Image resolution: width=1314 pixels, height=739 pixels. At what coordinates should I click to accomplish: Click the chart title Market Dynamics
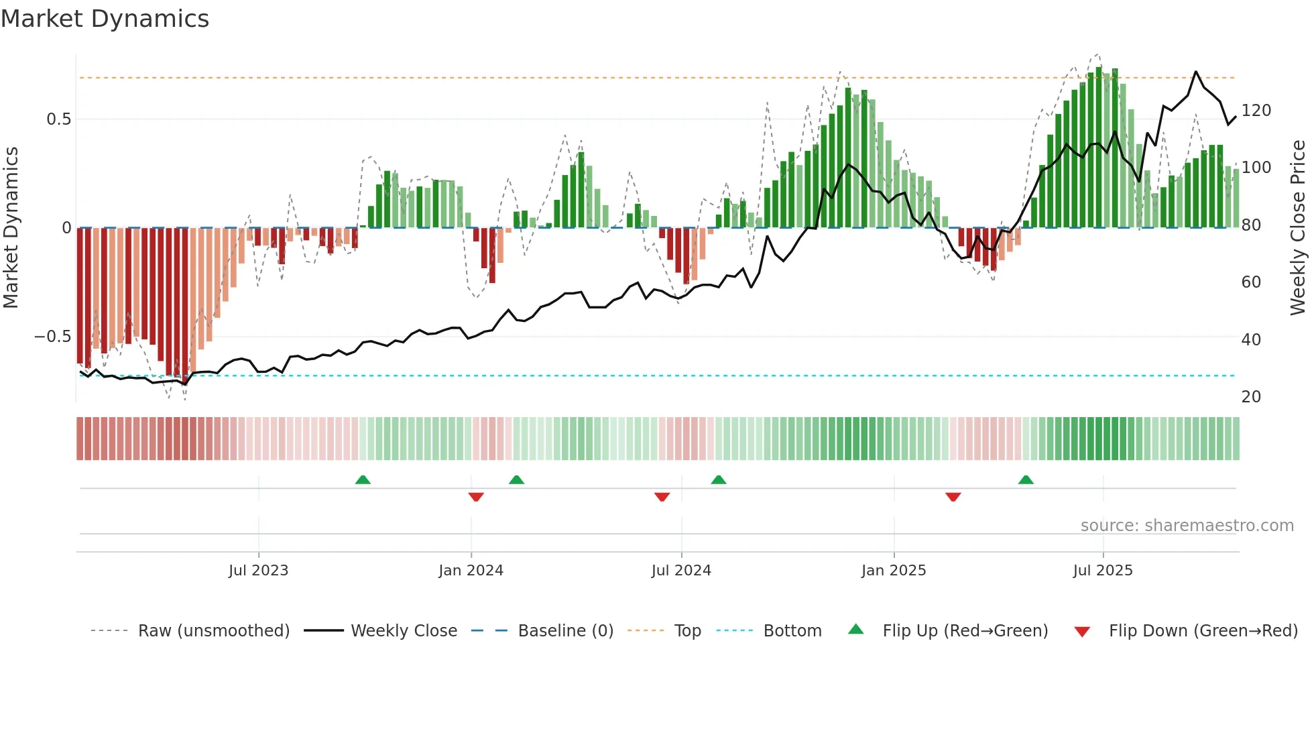(105, 19)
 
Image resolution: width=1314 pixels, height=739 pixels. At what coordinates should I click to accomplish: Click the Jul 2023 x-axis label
(258, 571)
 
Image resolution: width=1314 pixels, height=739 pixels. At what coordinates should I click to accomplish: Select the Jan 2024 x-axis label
(471, 571)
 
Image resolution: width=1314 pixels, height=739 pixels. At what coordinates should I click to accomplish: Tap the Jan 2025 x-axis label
(894, 571)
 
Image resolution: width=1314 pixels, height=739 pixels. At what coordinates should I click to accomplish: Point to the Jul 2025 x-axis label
(1103, 571)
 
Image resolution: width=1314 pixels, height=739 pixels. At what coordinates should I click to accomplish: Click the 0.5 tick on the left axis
(58, 119)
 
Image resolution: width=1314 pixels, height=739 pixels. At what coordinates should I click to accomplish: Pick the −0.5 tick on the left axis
(53, 337)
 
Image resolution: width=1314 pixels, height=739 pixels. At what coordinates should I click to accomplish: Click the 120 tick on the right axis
(1256, 111)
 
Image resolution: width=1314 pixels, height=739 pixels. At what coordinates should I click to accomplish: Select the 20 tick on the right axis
(1251, 397)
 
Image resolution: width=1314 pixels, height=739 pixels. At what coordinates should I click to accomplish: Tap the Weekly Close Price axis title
(1298, 228)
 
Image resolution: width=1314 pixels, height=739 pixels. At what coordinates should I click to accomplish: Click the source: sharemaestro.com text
(1187, 526)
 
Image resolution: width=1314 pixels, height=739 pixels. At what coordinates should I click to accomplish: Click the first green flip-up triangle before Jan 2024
(363, 479)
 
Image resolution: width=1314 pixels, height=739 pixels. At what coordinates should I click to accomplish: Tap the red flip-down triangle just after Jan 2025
(953, 497)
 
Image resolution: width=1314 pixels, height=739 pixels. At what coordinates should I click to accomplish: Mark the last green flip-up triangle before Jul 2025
(1026, 479)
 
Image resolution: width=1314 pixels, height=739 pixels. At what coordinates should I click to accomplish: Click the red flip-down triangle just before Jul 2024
(662, 497)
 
